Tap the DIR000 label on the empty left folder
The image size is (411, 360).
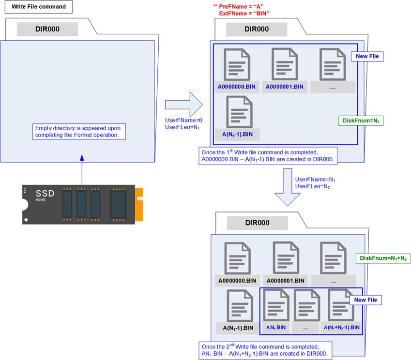pos(47,29)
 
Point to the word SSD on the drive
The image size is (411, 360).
pos(45,194)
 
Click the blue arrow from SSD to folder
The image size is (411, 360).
pos(82,169)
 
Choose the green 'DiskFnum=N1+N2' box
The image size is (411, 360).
pos(382,259)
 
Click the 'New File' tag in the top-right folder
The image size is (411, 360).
pos(367,57)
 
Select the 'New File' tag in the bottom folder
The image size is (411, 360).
pos(365,300)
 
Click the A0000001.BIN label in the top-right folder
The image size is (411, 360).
pos(284,87)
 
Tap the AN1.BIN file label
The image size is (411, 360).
pos(276,328)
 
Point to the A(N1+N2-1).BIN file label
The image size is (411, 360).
pos(342,328)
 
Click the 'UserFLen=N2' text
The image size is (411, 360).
pos(312,186)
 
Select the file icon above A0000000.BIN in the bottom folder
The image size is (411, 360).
pos(237,258)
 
